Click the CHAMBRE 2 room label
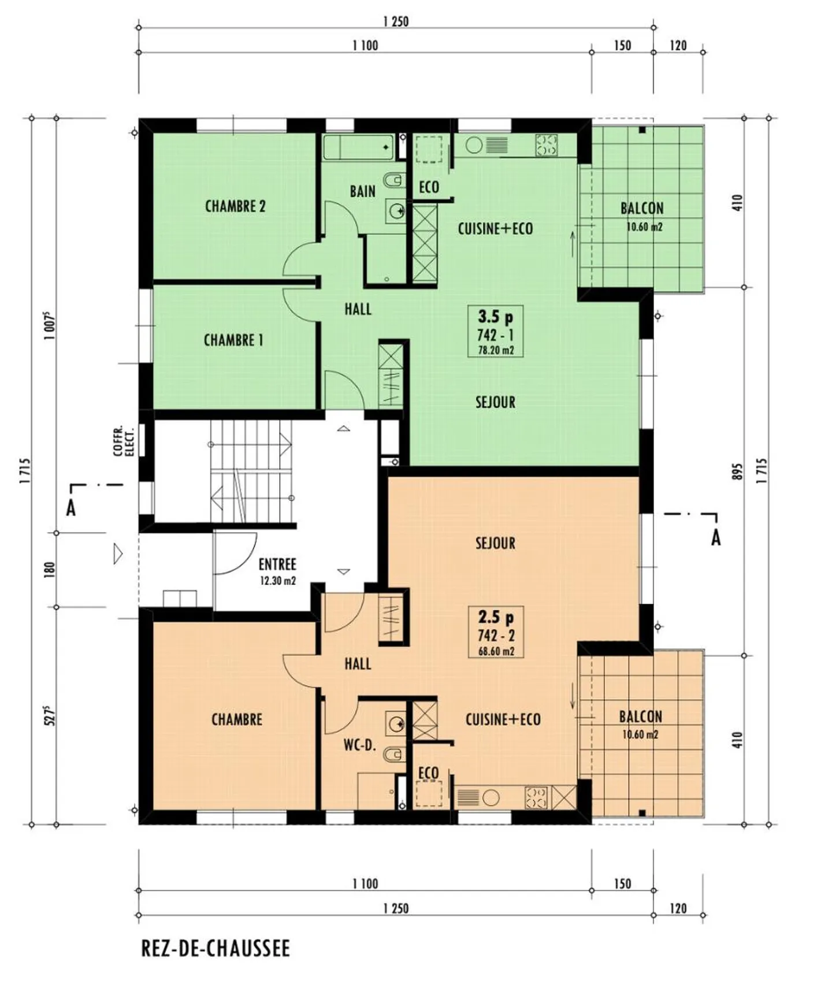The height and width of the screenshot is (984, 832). [235, 206]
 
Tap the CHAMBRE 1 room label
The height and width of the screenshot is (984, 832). [233, 340]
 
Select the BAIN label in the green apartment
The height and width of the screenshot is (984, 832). [362, 191]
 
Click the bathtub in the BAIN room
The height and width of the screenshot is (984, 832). [358, 147]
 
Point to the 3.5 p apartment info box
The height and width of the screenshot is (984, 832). [495, 332]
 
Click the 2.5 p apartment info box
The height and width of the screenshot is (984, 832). [496, 633]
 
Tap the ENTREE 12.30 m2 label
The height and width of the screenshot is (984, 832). [277, 571]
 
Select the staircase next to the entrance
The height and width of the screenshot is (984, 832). [251, 471]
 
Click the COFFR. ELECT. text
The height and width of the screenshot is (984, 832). [123, 442]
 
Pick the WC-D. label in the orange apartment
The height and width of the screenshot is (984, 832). [359, 745]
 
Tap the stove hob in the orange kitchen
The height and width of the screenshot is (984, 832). [536, 798]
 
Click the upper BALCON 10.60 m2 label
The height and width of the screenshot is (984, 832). [642, 216]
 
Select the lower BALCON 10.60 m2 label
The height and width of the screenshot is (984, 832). [640, 724]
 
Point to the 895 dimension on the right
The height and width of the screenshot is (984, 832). [737, 472]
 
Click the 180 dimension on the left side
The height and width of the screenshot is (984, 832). [50, 570]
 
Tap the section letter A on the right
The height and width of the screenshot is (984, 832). [716, 537]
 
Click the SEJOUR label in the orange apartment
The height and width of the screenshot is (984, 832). [495, 543]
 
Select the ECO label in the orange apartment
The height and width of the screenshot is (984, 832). [428, 773]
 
